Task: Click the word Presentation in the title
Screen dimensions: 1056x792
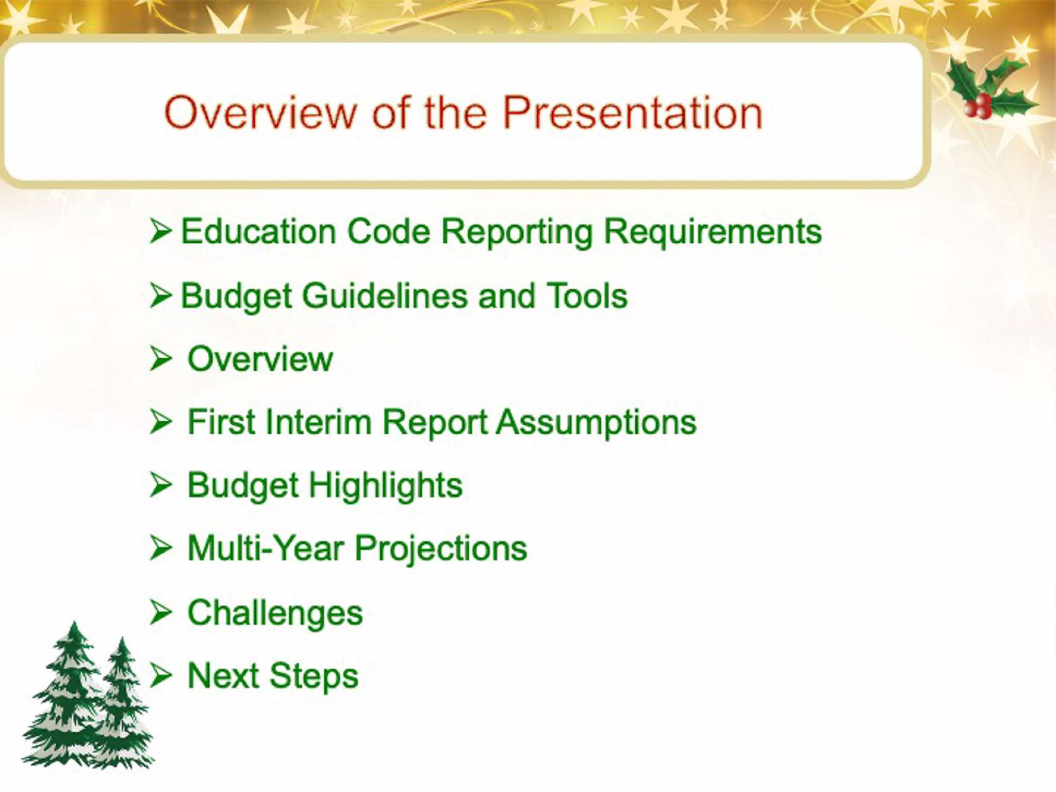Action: tap(632, 112)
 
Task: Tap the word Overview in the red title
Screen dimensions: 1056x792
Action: tap(260, 112)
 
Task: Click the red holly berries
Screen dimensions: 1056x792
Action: tap(977, 106)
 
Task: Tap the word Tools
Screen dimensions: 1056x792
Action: tap(587, 296)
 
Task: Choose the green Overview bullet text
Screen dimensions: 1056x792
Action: tap(260, 359)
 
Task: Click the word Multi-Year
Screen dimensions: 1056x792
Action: tap(266, 548)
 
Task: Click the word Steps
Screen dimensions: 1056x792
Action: tap(313, 676)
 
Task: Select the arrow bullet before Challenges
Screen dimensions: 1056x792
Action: tap(160, 613)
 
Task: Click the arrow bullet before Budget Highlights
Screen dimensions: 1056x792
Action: tap(160, 485)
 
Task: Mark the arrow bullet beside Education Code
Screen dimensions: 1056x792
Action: tap(160, 230)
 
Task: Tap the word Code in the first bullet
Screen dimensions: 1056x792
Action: tap(389, 231)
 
